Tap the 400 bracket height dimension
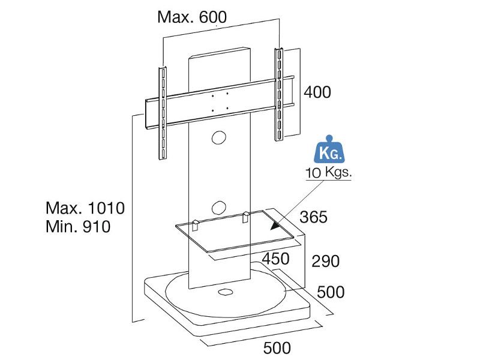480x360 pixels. point(317,92)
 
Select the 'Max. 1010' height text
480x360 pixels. point(85,208)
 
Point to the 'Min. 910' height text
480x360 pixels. point(78,227)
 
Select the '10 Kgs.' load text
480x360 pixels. point(328,173)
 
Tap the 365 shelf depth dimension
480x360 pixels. point(313,217)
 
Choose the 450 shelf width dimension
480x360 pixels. point(275,259)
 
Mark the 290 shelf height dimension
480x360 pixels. point(325,261)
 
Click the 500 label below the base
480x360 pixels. point(277,348)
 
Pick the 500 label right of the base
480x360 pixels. point(331,292)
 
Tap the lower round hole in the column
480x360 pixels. point(219,207)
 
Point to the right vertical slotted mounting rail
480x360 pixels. point(278,94)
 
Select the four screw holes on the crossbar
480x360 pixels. point(220,101)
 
